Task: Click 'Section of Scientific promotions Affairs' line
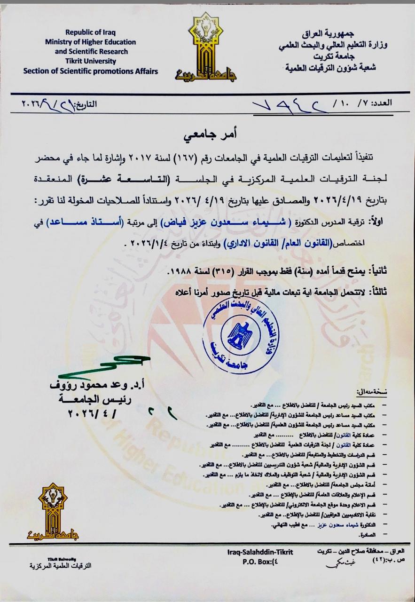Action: [x=91, y=71]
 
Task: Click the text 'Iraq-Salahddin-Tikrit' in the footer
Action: [x=260, y=552]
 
